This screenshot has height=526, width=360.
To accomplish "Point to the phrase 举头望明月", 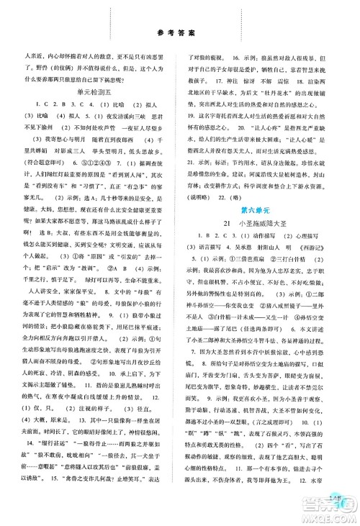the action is pyautogui.click(x=130, y=152).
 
